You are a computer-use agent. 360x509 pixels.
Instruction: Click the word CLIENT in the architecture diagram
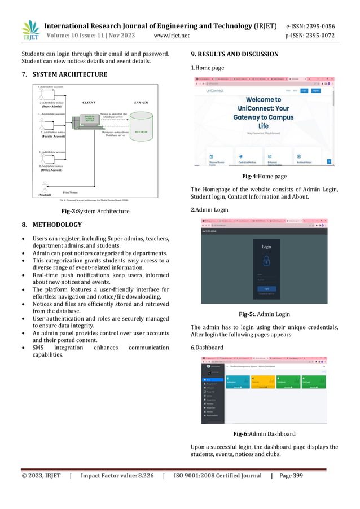89,102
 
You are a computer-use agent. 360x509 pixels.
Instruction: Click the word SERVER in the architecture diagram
141,102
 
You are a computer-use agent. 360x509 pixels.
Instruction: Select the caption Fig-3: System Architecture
95,211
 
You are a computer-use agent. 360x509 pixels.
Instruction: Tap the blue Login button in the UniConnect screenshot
304,90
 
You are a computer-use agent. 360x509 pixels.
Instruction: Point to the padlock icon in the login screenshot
266,261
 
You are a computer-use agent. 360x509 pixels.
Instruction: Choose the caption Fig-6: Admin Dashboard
264,434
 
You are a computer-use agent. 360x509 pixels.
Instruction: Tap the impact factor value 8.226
140,476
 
